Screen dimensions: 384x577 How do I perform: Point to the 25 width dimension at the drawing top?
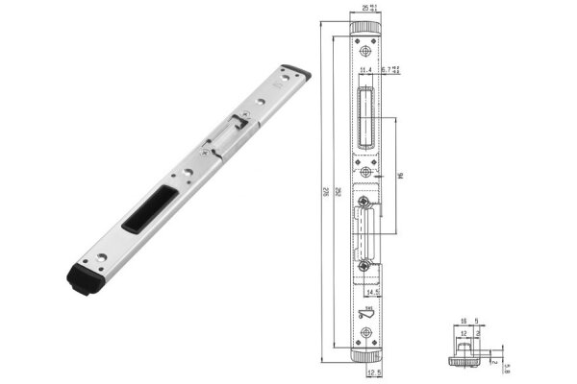pos(366,8)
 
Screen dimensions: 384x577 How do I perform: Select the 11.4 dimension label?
pos(364,70)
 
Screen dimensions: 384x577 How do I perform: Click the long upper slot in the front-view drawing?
pos(365,113)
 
